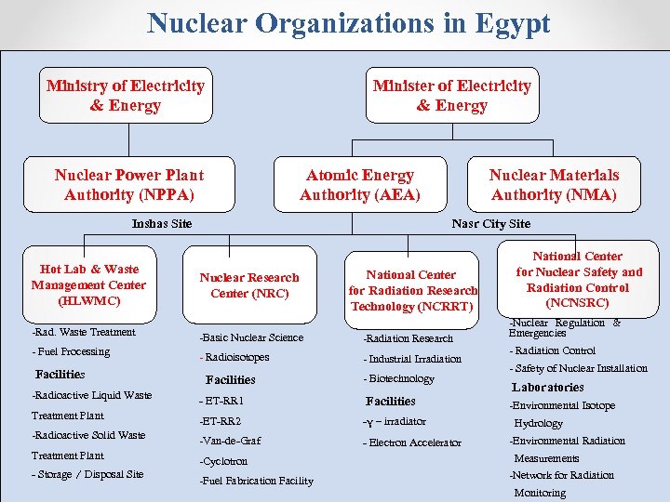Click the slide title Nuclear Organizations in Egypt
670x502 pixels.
(x=348, y=23)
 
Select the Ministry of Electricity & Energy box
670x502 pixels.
(x=126, y=96)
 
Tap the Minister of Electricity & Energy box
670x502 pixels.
(x=451, y=96)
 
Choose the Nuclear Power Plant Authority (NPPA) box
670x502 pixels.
(x=128, y=184)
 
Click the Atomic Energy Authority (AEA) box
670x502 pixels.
(x=360, y=184)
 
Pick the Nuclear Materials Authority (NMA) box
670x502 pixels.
(x=554, y=184)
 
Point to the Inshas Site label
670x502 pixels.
(x=162, y=223)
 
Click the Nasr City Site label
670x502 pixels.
(x=490, y=223)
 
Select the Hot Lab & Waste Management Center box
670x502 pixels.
(x=88, y=285)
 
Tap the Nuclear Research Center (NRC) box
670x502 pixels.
(x=248, y=285)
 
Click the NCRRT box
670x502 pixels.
(x=411, y=290)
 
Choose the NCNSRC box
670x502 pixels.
(x=578, y=279)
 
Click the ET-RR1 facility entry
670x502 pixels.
(x=221, y=401)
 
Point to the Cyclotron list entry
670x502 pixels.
(x=223, y=461)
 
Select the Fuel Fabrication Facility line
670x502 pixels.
(x=256, y=481)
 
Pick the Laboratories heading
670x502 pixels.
(x=548, y=387)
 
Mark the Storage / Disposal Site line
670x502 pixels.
(x=87, y=474)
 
